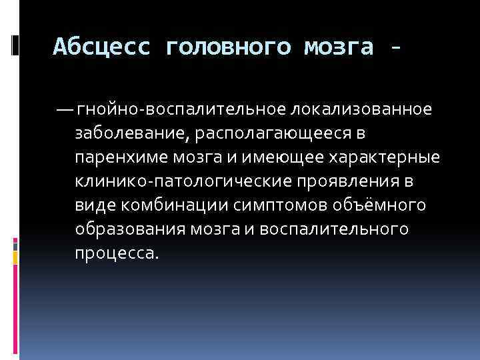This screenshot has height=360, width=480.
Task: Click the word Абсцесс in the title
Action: pyautogui.click(x=101, y=47)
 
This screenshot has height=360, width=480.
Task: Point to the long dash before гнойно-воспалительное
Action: pyautogui.click(x=65, y=108)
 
